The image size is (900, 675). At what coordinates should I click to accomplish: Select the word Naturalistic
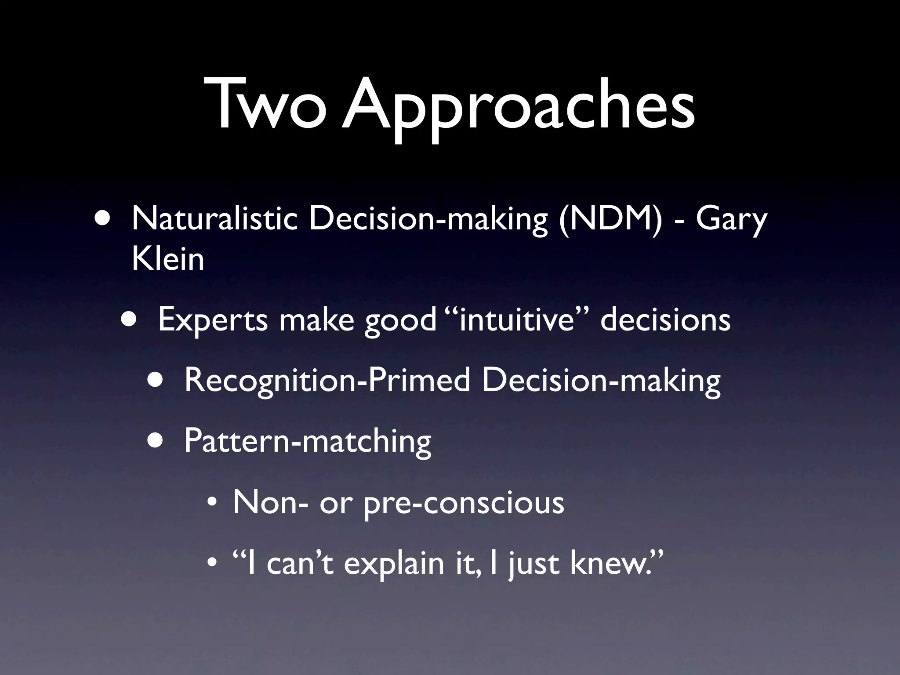pos(214,218)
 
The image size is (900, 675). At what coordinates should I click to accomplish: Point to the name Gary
pos(731,219)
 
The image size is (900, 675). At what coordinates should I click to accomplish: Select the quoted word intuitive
pos(517,319)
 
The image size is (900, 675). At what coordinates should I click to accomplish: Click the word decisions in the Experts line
pos(665,319)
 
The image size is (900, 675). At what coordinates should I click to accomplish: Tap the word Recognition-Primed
pos(327,380)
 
